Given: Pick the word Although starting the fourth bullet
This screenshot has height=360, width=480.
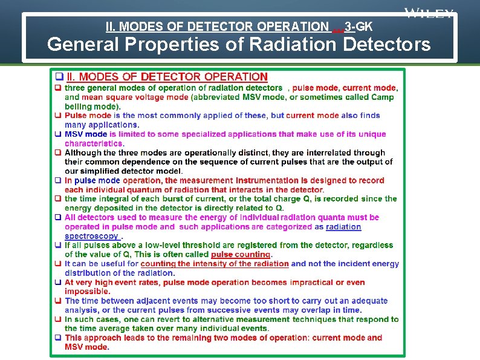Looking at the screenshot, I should point(83,153).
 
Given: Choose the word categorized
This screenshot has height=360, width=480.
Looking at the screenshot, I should point(288,227).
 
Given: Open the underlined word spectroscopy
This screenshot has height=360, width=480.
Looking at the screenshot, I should point(92,236).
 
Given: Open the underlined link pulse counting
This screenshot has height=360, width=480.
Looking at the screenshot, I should point(240,255).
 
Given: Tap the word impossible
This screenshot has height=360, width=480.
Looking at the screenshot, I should point(87,291).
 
